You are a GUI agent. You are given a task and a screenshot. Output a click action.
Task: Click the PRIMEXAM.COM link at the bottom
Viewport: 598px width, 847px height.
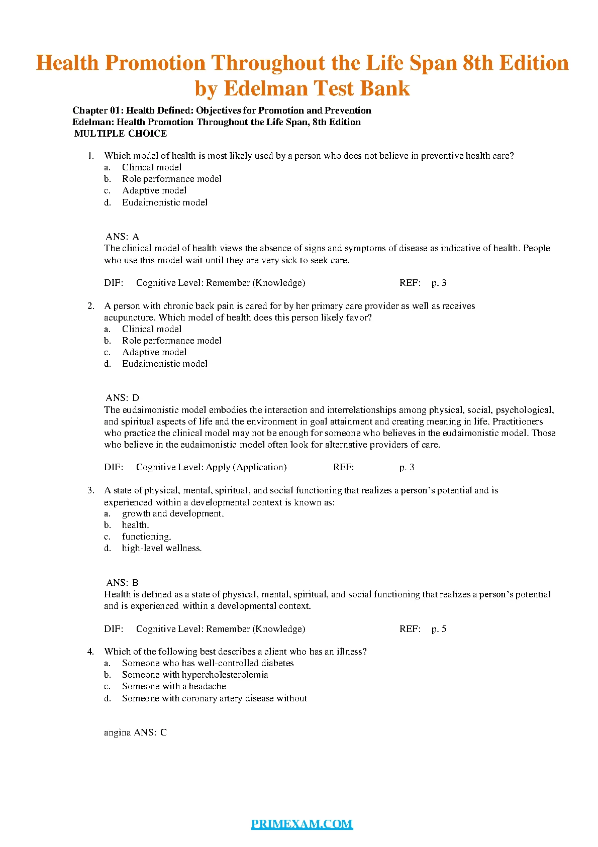click(x=302, y=824)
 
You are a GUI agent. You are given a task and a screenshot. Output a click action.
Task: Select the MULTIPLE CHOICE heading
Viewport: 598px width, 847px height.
click(x=121, y=134)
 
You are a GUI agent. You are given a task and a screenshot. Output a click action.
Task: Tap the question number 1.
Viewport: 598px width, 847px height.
click(x=91, y=156)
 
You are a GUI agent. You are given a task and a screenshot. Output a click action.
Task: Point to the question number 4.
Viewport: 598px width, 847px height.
click(x=90, y=652)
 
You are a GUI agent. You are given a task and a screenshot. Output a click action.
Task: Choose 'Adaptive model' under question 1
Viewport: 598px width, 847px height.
click(x=154, y=190)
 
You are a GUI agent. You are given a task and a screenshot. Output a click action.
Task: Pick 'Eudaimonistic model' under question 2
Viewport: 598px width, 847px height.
click(x=165, y=364)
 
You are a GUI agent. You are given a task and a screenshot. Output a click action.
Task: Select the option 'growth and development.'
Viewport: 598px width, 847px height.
click(x=173, y=513)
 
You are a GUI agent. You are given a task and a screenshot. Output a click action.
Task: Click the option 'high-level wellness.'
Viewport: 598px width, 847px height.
click(x=162, y=548)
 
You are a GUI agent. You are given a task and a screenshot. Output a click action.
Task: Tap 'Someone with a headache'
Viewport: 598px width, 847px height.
click(x=174, y=686)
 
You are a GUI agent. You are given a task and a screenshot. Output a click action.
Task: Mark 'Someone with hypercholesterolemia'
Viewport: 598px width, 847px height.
click(x=195, y=675)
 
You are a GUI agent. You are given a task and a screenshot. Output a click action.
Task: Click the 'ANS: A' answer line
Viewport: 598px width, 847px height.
click(x=122, y=237)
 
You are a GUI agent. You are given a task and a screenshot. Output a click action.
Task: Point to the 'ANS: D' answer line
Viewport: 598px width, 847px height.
click(x=123, y=398)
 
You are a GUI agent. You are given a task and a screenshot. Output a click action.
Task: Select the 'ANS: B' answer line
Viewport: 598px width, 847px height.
click(x=123, y=583)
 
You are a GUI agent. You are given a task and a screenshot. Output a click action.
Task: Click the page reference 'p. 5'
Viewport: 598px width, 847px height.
click(x=439, y=629)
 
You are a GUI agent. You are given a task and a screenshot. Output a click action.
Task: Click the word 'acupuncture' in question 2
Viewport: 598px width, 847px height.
click(x=129, y=317)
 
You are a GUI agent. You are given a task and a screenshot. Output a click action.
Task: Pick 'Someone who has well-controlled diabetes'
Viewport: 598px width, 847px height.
click(x=208, y=663)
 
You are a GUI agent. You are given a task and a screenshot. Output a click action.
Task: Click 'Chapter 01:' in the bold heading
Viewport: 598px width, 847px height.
click(x=98, y=111)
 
